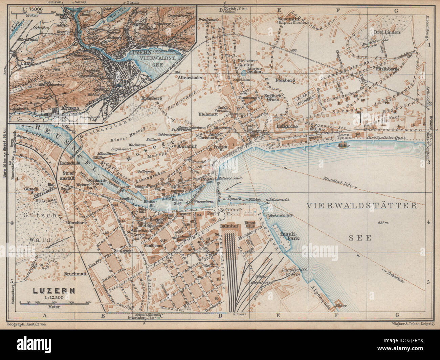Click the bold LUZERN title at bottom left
tap(49, 290)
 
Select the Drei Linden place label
tap(387, 33)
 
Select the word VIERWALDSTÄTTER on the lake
tap(361, 206)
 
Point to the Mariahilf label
tap(182, 147)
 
